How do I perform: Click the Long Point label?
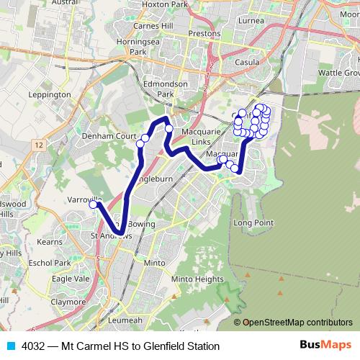click(x=253, y=223)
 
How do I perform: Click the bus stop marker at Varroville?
click(x=93, y=205)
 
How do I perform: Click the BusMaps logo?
click(x=326, y=346)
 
